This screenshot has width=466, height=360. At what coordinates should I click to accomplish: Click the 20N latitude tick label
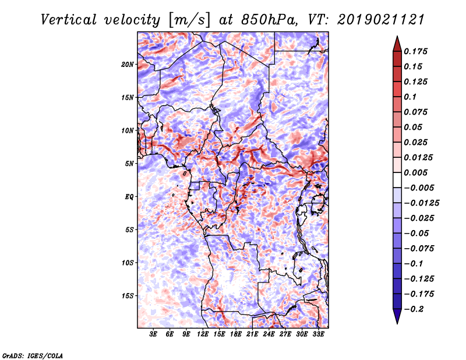click(x=128, y=64)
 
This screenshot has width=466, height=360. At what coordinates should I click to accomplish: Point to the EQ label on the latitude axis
click(x=129, y=197)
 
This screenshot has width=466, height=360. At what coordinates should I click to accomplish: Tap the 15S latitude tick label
click(x=128, y=296)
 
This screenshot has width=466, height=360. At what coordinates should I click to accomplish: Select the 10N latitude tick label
click(x=128, y=130)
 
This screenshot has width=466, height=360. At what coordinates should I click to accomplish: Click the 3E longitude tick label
click(x=153, y=336)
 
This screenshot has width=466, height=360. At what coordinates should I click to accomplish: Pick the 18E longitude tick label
click(x=236, y=336)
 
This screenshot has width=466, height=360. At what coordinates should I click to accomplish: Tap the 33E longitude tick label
click(x=318, y=336)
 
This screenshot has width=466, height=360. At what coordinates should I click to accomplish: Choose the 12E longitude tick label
click(x=203, y=336)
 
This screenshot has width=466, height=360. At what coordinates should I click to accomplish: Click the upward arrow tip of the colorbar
click(x=396, y=38)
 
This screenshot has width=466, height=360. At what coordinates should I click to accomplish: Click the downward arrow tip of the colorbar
click(x=396, y=322)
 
